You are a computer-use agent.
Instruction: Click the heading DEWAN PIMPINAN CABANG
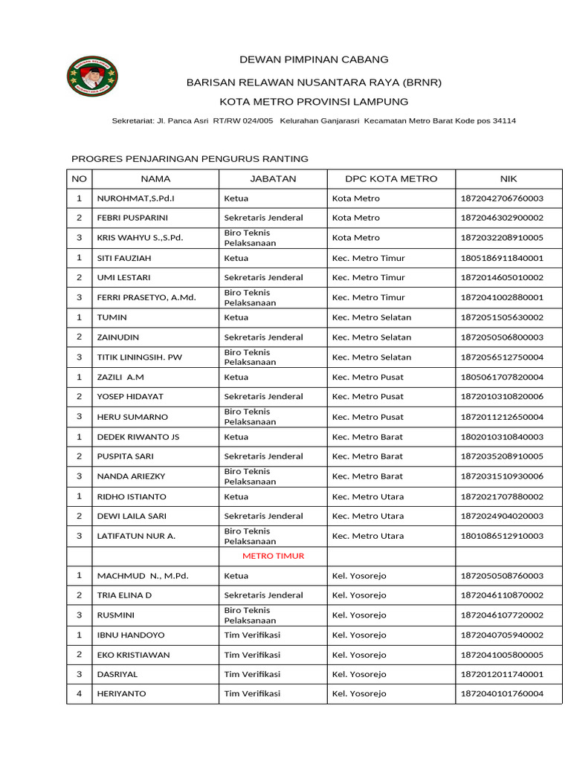pyautogui.click(x=313, y=59)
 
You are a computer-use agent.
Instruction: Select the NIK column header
pyautogui.click(x=509, y=179)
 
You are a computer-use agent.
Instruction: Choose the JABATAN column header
pyautogui.click(x=273, y=179)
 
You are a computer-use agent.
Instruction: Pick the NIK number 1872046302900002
pyautogui.click(x=502, y=218)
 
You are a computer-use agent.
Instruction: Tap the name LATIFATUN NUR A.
pyautogui.click(x=136, y=536)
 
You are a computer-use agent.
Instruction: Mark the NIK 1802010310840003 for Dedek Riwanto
pyautogui.click(x=502, y=437)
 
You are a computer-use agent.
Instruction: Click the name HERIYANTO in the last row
pyautogui.click(x=122, y=693)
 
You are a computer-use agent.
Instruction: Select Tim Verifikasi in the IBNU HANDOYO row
pyautogui.click(x=252, y=635)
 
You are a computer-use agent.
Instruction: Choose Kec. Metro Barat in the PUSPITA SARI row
pyautogui.click(x=367, y=456)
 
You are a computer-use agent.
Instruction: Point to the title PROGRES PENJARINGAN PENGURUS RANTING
pyautogui.click(x=189, y=159)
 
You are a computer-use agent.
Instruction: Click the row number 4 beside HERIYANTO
pyautogui.click(x=79, y=693)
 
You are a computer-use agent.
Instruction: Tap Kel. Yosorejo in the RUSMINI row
pyautogui.click(x=359, y=615)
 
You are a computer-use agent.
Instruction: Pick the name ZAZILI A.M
pyautogui.click(x=120, y=378)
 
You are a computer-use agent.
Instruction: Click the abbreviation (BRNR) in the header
pyautogui.click(x=422, y=82)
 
